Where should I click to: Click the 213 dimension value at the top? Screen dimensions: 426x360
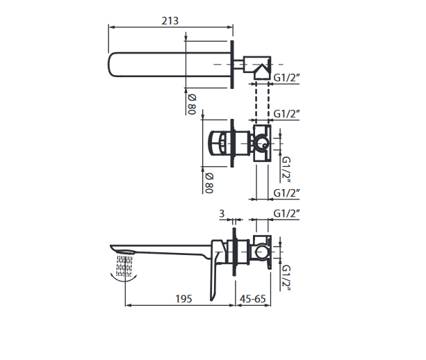tap(170, 21)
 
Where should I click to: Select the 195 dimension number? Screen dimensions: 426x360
tap(184, 299)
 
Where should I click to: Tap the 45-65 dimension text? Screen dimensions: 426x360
tap(253, 299)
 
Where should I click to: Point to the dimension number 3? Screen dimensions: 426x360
tap(222, 214)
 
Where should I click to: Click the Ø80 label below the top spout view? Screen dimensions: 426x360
tap(192, 105)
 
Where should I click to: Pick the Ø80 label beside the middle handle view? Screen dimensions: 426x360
tap(209, 183)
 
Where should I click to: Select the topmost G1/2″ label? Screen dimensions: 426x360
tap(286, 78)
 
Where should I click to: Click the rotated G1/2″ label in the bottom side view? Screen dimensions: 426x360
tap(286, 278)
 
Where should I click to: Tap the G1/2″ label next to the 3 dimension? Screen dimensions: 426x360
tap(286, 213)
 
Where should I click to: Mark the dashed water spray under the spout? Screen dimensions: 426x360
tap(124, 265)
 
